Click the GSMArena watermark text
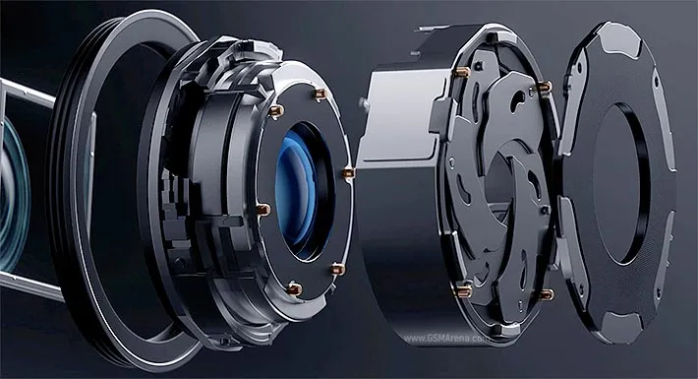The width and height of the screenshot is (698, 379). click(x=445, y=338)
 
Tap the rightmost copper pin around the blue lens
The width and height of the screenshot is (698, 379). click(x=349, y=172)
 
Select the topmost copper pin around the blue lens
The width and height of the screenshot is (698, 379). click(x=320, y=94)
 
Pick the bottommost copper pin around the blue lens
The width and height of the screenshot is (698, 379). click(x=294, y=289)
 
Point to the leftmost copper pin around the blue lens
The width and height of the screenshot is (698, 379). click(x=263, y=209)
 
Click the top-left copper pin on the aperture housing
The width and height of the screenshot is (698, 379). click(x=463, y=71)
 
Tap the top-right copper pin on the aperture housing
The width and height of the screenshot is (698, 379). click(x=545, y=86)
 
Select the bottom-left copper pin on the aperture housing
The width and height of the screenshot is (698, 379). click(x=464, y=290)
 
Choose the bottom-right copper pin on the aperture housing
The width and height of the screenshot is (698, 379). click(x=547, y=294)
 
